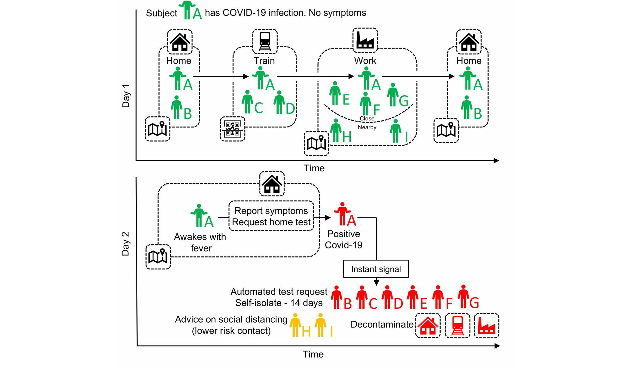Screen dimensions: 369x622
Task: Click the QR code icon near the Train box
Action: [233, 129]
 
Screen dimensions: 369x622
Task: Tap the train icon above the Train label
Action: [265, 41]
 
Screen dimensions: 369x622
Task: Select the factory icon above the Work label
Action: [365, 40]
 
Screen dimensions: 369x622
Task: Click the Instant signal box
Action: [376, 269]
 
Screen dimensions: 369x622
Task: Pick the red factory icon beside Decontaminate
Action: [487, 326]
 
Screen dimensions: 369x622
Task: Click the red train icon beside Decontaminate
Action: [457, 326]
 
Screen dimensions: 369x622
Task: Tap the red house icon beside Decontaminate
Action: [428, 326]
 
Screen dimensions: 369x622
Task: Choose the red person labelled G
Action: [463, 297]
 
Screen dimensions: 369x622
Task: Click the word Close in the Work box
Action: [367, 118]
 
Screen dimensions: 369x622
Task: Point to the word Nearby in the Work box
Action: [367, 127]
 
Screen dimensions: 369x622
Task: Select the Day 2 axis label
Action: [125, 244]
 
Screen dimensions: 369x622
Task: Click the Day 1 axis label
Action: [126, 96]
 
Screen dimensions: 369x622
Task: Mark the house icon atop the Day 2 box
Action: [272, 184]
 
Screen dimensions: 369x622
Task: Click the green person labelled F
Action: [366, 104]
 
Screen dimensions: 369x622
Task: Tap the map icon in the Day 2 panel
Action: [158, 257]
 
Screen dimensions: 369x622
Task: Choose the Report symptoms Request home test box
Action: [271, 216]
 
